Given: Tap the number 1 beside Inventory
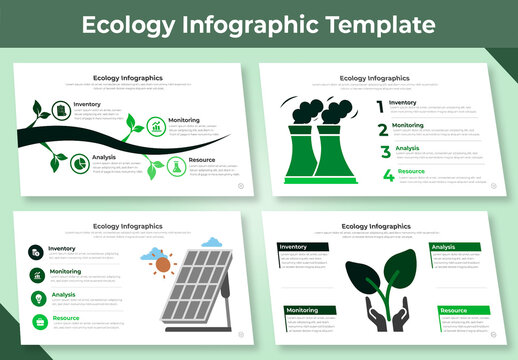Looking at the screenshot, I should click(380, 105).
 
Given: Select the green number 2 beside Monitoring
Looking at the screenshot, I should click(382, 129).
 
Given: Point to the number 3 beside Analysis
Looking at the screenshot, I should click(384, 152).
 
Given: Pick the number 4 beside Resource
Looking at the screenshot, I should click(387, 176).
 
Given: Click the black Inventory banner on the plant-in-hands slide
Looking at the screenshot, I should click(304, 247).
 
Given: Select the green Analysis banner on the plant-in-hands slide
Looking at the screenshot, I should click(455, 247).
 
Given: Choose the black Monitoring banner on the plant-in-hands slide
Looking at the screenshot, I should click(309, 310).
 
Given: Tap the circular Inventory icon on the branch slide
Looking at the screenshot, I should click(61, 109).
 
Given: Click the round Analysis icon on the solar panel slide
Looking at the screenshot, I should click(36, 298).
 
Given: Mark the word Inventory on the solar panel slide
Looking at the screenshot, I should click(62, 248).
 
